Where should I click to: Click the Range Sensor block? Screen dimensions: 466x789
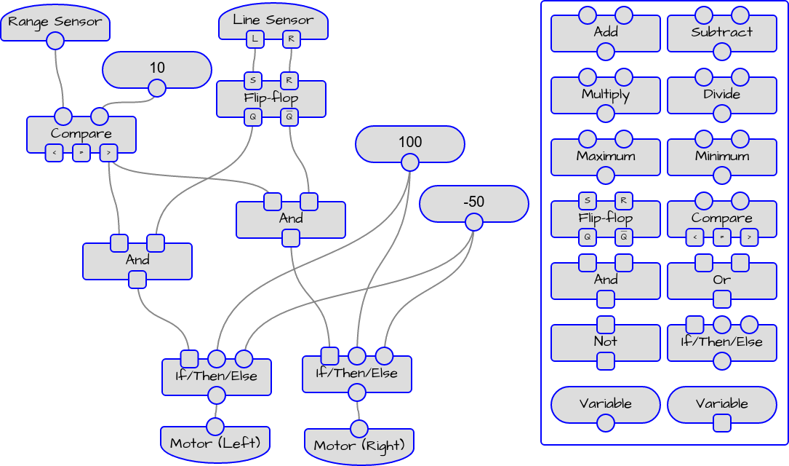tap(55, 23)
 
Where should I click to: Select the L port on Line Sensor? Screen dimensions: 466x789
tap(255, 39)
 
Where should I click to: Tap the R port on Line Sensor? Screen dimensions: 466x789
tap(291, 39)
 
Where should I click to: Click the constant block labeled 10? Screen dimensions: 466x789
tap(157, 68)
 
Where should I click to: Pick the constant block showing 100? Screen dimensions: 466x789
tap(410, 142)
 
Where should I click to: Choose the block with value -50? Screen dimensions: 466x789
tap(473, 202)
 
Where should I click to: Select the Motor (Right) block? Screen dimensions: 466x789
tap(358, 445)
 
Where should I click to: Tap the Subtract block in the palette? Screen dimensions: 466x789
tap(721, 33)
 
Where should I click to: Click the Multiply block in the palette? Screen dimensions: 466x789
tap(605, 95)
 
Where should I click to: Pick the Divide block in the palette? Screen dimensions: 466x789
tap(721, 95)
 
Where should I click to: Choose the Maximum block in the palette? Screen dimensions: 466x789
tap(605, 157)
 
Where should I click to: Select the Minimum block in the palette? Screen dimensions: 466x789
tap(721, 157)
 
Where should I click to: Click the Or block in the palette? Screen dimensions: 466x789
tap(721, 280)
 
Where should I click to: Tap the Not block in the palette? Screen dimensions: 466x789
tap(605, 341)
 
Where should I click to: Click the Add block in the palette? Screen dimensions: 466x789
tap(605, 33)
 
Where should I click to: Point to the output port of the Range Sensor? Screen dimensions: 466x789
tap(55, 41)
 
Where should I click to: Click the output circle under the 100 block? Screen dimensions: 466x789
tap(410, 162)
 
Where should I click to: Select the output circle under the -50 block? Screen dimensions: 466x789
tap(473, 221)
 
